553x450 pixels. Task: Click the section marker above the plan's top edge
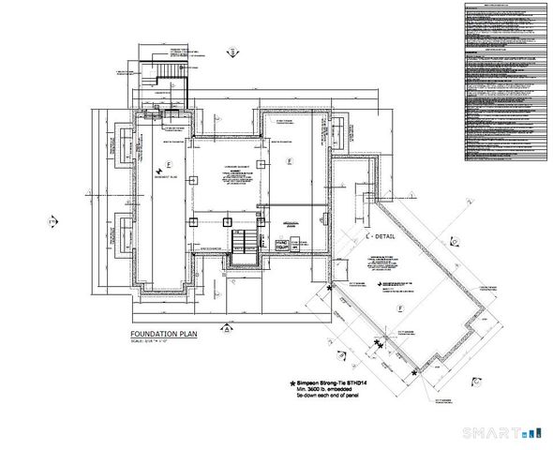pos(231,53)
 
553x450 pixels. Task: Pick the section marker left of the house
pos(52,220)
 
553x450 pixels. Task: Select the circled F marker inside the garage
pos(400,307)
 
